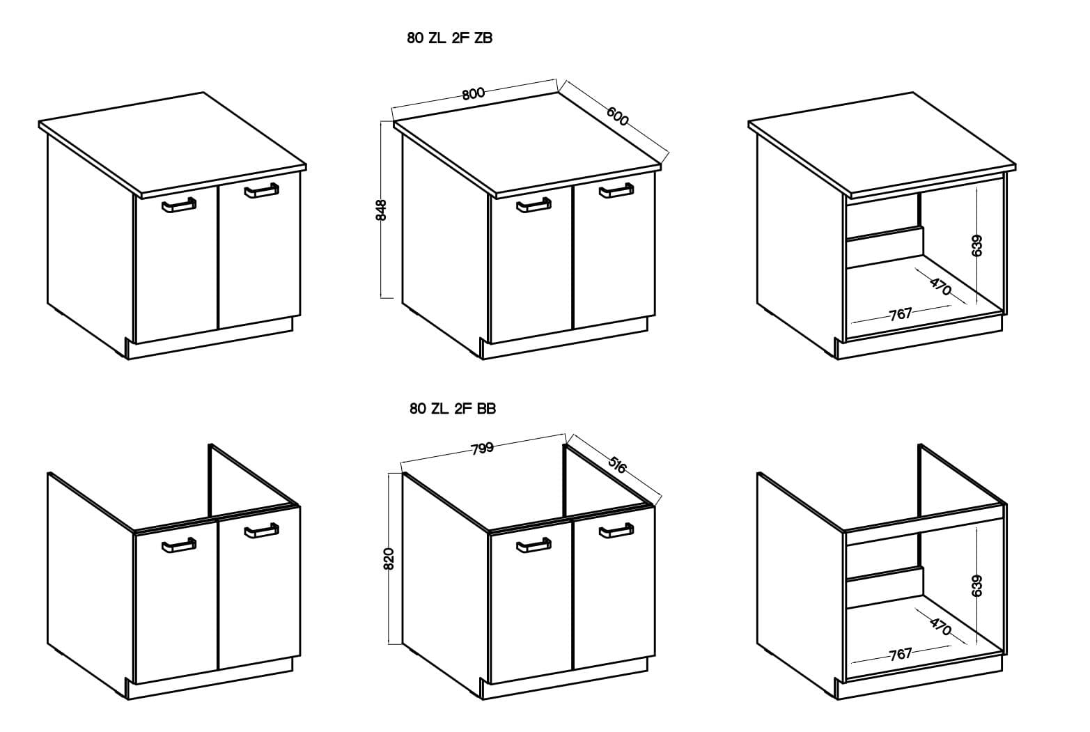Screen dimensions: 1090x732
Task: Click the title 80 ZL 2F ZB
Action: pos(450,38)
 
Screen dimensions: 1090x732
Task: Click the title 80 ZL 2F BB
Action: pos(453,408)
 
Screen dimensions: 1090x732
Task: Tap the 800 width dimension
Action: pos(474,93)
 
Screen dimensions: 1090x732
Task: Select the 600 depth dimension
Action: pos(618,116)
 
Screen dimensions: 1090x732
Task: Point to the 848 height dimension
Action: pos(382,210)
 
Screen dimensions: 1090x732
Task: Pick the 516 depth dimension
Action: pos(618,465)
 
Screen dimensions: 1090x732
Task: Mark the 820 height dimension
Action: pos(389,559)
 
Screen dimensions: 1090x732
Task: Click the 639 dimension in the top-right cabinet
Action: pos(976,246)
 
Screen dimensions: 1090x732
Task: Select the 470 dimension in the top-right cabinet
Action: pos(941,286)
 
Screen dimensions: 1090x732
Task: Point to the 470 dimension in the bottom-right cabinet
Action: pos(941,626)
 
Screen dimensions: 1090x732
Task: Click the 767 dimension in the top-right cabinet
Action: pos(901,314)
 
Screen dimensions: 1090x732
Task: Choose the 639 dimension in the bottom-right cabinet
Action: pos(976,586)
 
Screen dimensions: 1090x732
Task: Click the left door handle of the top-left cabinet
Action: pos(179,205)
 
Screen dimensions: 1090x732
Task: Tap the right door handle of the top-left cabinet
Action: pos(262,190)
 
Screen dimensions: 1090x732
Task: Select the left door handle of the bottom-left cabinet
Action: pos(179,545)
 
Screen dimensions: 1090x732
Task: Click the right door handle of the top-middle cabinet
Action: pos(616,190)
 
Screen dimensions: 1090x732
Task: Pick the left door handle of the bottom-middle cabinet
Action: pos(534,545)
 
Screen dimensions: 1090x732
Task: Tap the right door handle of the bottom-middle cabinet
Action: pos(616,531)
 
